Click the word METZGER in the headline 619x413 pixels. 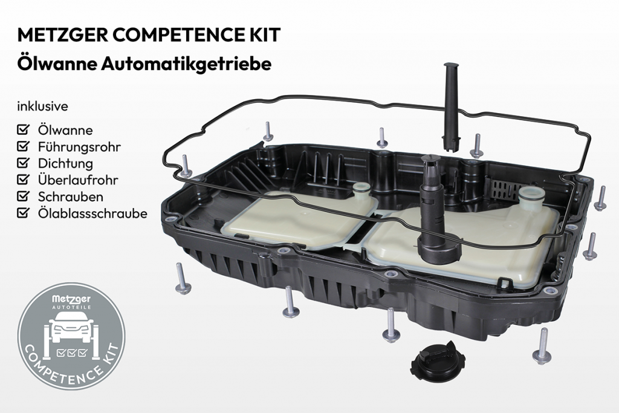[x=62, y=34]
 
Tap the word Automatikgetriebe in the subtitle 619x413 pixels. [x=186, y=64]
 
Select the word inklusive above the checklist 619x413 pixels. [x=43, y=106]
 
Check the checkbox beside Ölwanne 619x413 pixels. [x=24, y=129]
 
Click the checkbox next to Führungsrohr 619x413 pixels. [x=24, y=146]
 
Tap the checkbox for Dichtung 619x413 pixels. [x=24, y=162]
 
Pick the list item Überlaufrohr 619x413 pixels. [x=78, y=180]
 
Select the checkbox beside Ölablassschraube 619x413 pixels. [x=24, y=212]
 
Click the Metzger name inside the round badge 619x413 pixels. [x=71, y=299]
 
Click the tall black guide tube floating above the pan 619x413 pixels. [x=452, y=106]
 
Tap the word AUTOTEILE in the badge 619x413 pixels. [x=72, y=307]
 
